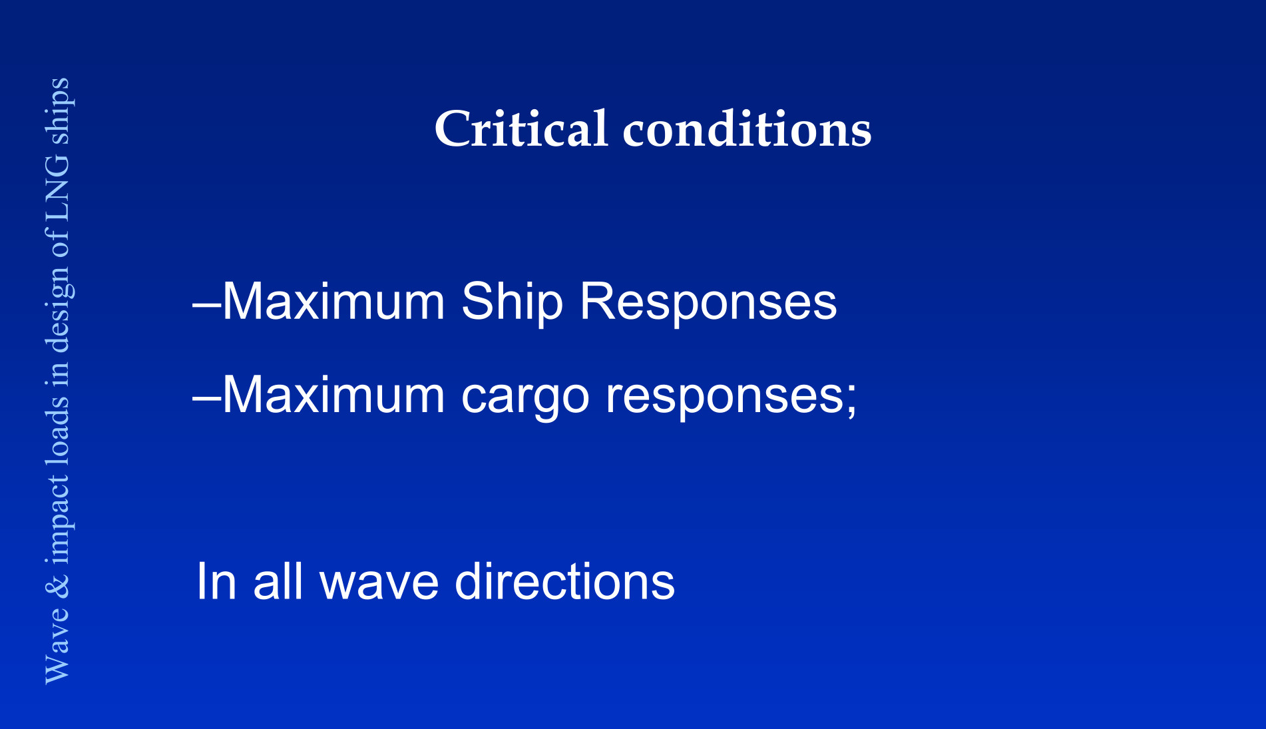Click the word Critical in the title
point(521,128)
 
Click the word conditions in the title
point(747,128)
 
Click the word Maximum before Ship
point(333,302)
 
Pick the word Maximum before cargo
point(333,395)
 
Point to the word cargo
point(525,398)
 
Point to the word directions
point(564,581)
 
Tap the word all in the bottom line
point(278,581)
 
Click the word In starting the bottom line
point(216,581)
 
